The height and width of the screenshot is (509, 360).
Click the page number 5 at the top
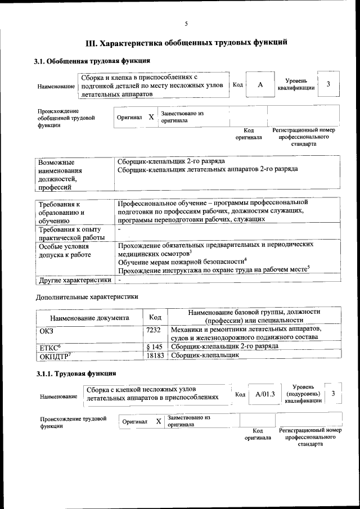tap(186, 24)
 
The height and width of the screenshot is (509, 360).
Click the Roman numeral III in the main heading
tap(91, 42)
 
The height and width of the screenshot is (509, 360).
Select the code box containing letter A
tap(260, 84)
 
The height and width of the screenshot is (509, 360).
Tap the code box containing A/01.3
tap(264, 394)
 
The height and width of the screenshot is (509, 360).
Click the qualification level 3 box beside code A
tap(328, 84)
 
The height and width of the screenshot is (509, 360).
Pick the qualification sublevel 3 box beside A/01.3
tap(334, 394)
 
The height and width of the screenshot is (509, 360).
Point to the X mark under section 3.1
tap(151, 118)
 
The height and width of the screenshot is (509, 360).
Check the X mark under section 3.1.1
tap(159, 421)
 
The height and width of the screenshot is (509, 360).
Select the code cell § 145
tap(154, 346)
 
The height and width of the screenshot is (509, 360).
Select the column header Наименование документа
tap(89, 318)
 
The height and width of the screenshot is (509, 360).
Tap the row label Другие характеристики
tap(74, 280)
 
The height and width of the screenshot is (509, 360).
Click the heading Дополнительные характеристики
tap(87, 296)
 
